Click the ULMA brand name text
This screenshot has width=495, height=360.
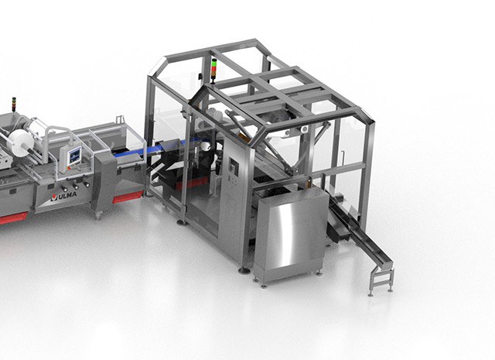coord(67,195)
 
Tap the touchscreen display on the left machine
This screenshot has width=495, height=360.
coord(75,156)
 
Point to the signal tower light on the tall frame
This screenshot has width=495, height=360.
coord(214,70)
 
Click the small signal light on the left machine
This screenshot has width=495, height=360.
coord(14,104)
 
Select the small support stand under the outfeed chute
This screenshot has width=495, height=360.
coord(381,281)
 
